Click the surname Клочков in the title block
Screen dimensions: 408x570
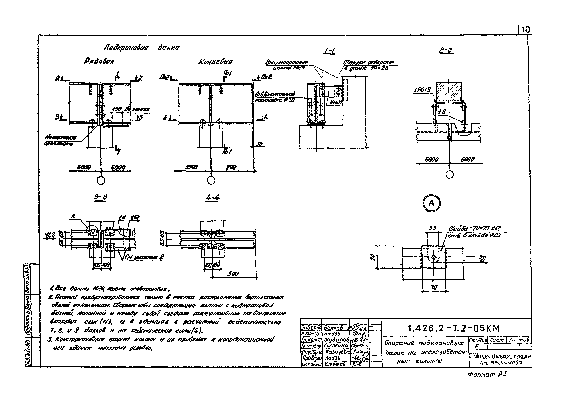point(335,364)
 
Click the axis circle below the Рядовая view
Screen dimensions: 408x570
point(101,180)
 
